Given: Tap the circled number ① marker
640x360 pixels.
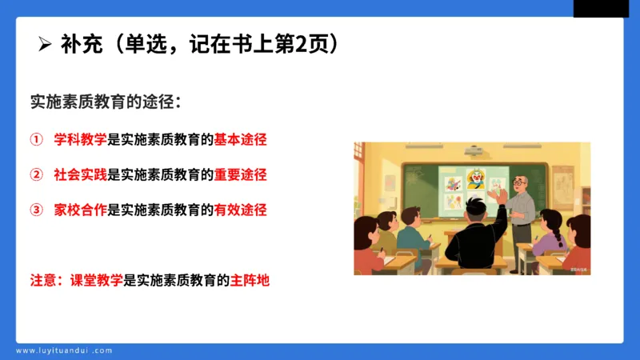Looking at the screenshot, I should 36,140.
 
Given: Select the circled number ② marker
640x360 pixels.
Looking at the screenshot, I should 36,174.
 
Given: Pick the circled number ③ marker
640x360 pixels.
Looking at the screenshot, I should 36,210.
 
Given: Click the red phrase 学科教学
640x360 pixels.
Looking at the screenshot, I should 80,140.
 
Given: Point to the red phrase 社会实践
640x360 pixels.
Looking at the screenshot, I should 80,174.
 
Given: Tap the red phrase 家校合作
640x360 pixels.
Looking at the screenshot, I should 80,210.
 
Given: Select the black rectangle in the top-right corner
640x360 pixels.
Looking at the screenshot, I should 601,8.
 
